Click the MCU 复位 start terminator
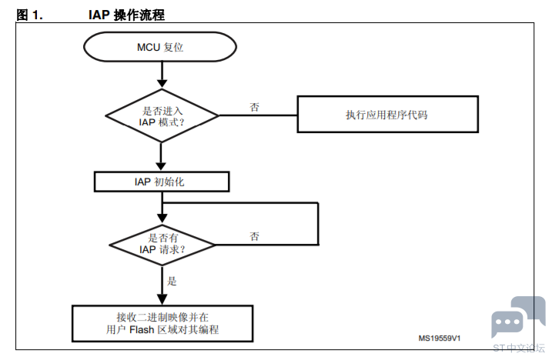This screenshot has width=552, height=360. pyautogui.click(x=160, y=47)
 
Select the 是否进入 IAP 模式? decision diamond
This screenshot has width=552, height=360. pyautogui.click(x=162, y=116)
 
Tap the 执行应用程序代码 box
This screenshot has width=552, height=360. pyautogui.click(x=387, y=115)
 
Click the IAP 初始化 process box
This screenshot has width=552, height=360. pyautogui.click(x=162, y=182)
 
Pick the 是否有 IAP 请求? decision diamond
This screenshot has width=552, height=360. pyautogui.click(x=162, y=245)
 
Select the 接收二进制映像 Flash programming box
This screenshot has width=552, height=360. pyautogui.click(x=162, y=323)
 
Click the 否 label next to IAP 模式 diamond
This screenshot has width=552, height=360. pyautogui.click(x=255, y=107)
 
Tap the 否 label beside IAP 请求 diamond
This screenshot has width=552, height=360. pyautogui.click(x=255, y=236)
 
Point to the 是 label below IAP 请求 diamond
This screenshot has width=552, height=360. pyautogui.click(x=172, y=281)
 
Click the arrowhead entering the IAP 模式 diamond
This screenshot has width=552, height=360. pyautogui.click(x=162, y=83)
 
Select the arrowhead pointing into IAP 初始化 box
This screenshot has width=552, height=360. pyautogui.click(x=161, y=166)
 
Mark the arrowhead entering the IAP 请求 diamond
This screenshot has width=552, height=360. pyautogui.click(x=162, y=218)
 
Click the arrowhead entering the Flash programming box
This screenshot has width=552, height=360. pyautogui.click(x=162, y=299)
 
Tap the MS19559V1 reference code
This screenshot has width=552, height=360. pyautogui.click(x=440, y=338)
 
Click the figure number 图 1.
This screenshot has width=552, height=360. pyautogui.click(x=29, y=15)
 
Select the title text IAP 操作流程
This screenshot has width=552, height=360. pyautogui.click(x=126, y=15)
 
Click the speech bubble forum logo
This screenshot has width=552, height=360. pyautogui.click(x=518, y=316)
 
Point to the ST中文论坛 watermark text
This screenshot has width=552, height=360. pyautogui.click(x=519, y=348)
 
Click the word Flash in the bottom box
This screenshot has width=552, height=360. pyautogui.click(x=142, y=330)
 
